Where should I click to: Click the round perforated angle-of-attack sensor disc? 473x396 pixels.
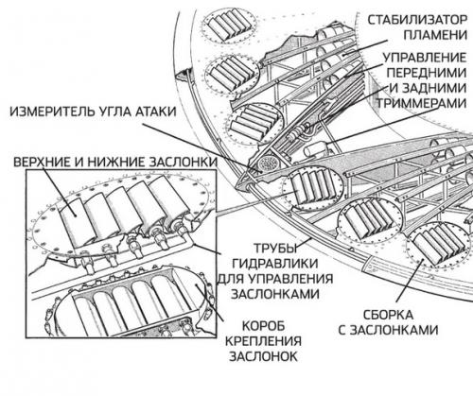tap(271, 164)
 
